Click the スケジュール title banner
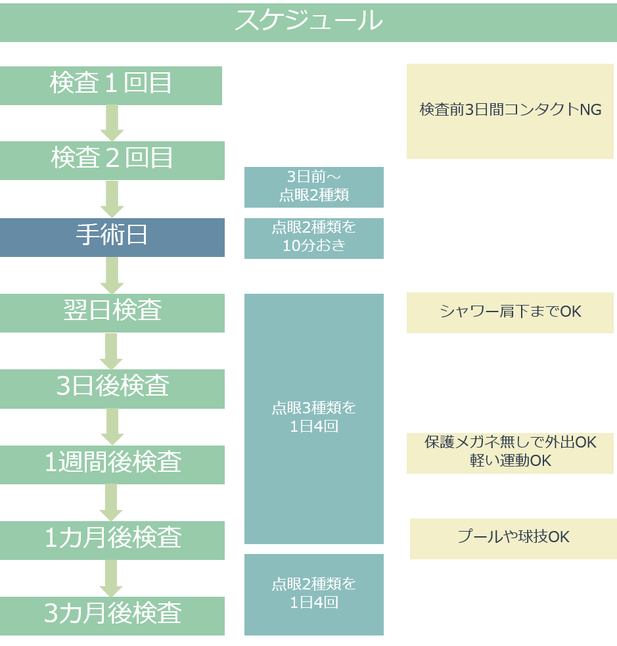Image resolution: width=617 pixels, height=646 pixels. click(x=308, y=22)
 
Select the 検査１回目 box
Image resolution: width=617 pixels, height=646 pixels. click(x=111, y=85)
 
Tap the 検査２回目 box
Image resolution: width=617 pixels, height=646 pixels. click(x=112, y=160)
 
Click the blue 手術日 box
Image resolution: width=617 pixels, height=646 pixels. click(x=112, y=237)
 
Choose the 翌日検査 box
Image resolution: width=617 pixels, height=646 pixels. click(x=112, y=312)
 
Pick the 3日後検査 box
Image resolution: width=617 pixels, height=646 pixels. click(x=112, y=388)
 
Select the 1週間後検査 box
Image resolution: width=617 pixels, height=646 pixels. click(x=112, y=464)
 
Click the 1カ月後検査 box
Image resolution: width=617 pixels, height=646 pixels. click(x=112, y=540)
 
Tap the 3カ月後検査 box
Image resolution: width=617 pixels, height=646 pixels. click(x=112, y=615)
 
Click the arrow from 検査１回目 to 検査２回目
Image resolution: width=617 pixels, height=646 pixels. click(x=112, y=123)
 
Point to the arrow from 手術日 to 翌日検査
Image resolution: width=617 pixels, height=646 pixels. click(x=112, y=275)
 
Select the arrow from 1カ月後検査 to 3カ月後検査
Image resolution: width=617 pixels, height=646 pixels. click(x=112, y=578)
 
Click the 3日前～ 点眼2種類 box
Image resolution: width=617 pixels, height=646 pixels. click(x=313, y=187)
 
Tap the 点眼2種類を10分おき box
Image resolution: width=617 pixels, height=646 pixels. click(x=313, y=238)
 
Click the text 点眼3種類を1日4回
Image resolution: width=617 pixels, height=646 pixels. click(x=313, y=417)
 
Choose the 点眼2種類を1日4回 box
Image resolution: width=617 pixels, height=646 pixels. click(x=313, y=594)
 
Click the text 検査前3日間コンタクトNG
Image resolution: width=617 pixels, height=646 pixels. click(x=510, y=110)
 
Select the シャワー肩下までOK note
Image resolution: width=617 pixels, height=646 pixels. click(x=510, y=312)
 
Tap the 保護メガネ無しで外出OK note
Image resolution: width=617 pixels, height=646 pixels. click(x=510, y=452)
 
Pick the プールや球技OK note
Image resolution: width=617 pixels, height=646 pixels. click(x=513, y=538)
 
